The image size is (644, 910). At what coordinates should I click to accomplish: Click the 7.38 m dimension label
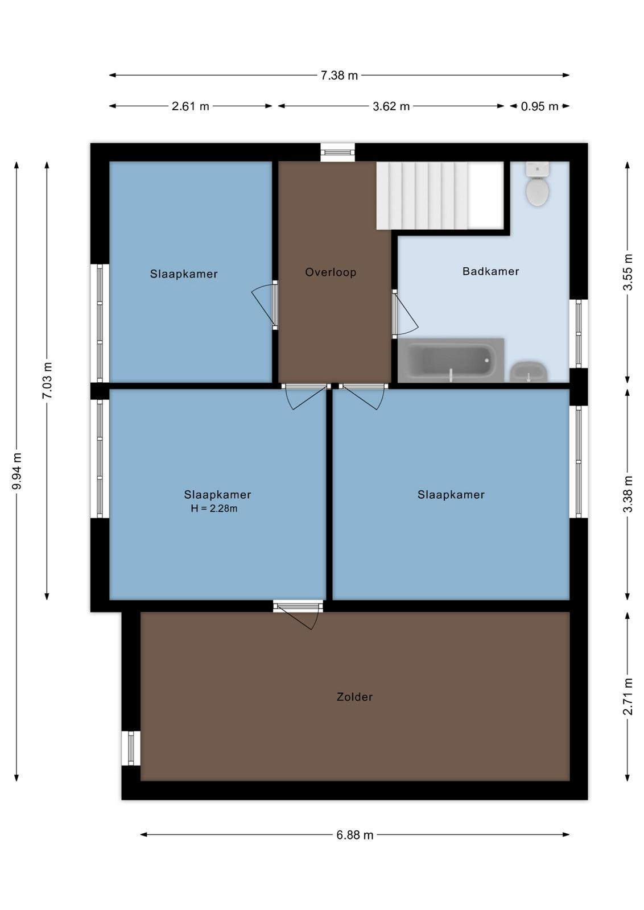click(339, 76)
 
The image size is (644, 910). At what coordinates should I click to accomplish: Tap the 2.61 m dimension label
click(190, 106)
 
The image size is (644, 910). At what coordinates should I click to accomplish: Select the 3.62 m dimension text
click(391, 106)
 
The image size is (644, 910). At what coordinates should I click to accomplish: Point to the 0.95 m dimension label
click(539, 106)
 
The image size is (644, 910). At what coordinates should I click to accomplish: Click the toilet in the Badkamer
click(537, 184)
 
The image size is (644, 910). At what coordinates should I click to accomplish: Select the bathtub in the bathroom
click(451, 360)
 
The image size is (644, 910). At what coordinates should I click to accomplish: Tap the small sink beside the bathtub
click(528, 371)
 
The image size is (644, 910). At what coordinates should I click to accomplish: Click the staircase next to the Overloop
click(440, 196)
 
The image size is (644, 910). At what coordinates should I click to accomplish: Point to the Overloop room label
click(331, 272)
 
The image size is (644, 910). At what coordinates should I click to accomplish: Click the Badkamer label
click(490, 271)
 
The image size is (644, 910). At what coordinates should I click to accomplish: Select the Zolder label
click(354, 697)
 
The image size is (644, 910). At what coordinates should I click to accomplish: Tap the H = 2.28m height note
click(214, 508)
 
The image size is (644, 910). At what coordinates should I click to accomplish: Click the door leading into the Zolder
click(299, 615)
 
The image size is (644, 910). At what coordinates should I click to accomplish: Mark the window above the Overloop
click(337, 152)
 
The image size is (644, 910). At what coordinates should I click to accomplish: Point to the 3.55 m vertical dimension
click(628, 272)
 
